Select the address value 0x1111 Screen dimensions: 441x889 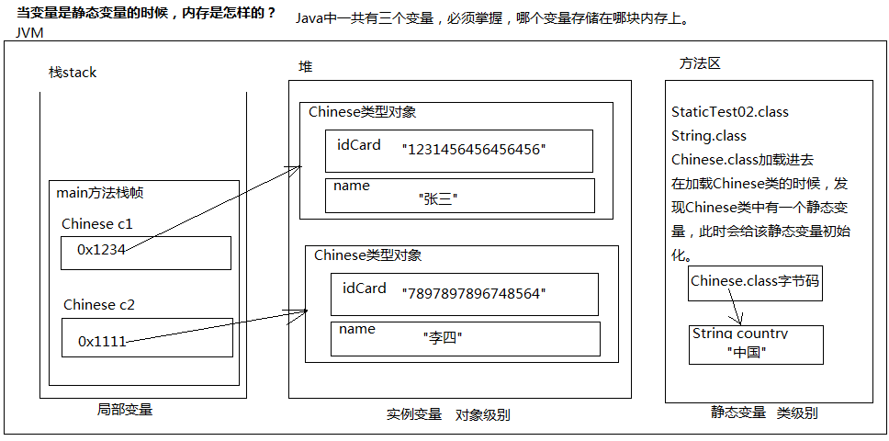tap(101, 341)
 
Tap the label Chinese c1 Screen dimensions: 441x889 tap(97, 224)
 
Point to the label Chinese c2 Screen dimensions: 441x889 tap(99, 305)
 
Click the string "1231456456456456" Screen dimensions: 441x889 tap(474, 148)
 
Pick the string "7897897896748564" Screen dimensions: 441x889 tap(474, 293)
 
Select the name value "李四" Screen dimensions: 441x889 tap(442, 338)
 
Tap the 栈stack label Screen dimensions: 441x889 tap(73, 73)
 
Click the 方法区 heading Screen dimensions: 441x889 tap(700, 63)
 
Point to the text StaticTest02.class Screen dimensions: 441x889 tap(730, 112)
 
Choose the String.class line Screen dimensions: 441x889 tap(709, 136)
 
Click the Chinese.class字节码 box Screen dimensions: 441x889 tap(755, 281)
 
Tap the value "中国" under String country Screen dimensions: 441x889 tap(746, 352)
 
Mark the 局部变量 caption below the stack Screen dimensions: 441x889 tap(125, 410)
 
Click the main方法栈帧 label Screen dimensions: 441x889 tap(100, 193)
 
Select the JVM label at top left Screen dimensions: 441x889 tap(29, 33)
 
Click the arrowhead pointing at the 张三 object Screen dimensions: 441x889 tap(298, 168)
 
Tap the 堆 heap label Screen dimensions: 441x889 tap(306, 67)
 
